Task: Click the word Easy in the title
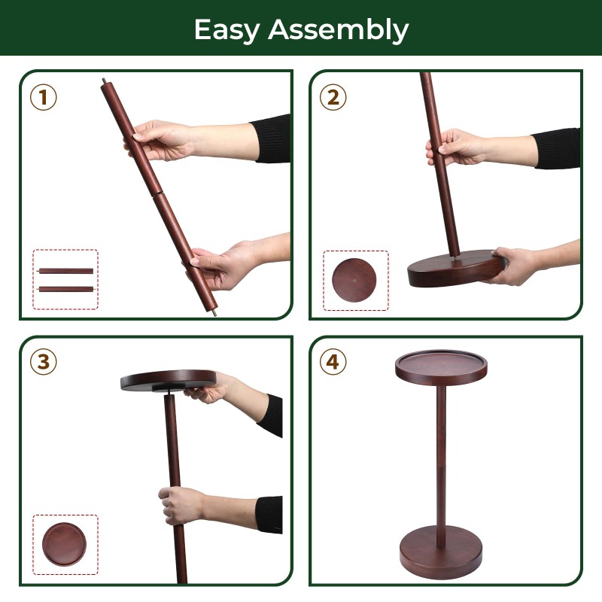(x=227, y=30)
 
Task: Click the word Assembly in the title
(x=338, y=30)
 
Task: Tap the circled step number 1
(x=44, y=98)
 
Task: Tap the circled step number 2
(x=333, y=98)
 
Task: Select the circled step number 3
(x=44, y=362)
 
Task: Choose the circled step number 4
(x=333, y=362)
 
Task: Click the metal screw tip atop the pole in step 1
(x=104, y=81)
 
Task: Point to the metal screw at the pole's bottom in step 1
(x=214, y=313)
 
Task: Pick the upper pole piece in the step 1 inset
(x=66, y=271)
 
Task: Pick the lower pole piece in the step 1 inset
(x=66, y=289)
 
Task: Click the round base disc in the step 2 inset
(x=354, y=280)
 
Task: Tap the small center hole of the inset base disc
(x=354, y=280)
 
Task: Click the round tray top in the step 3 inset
(x=64, y=544)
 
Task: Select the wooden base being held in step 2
(x=456, y=268)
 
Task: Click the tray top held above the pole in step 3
(x=168, y=381)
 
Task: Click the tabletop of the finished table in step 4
(x=441, y=367)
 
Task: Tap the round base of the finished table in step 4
(x=441, y=552)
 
